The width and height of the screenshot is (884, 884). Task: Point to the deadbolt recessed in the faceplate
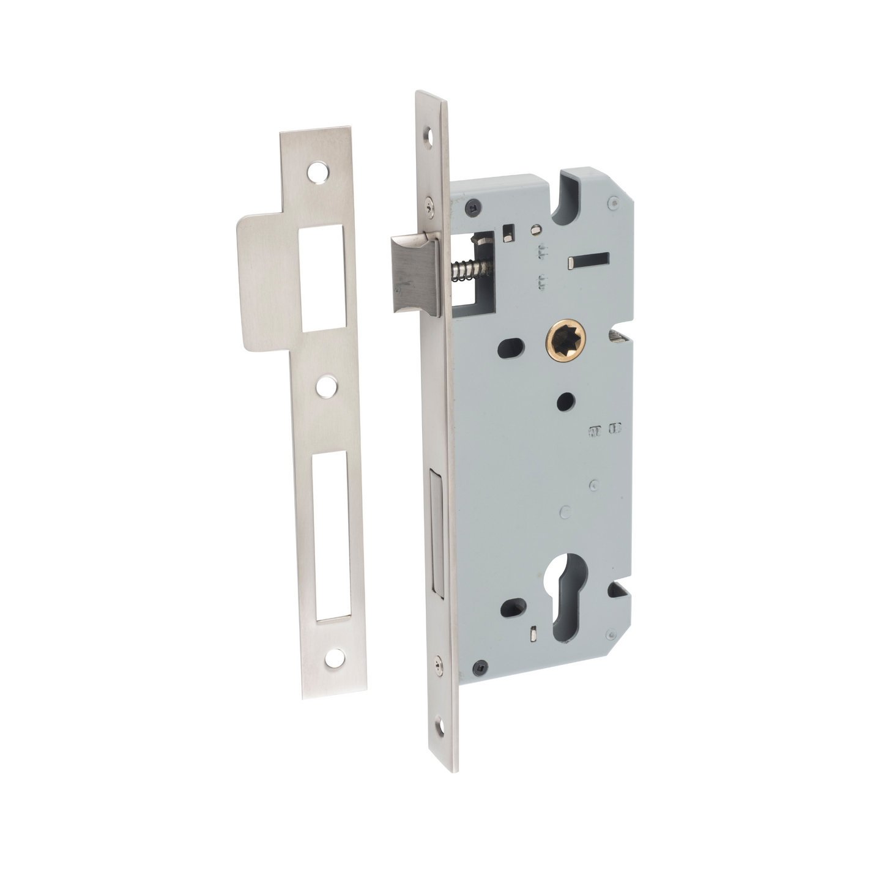pos(437,530)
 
